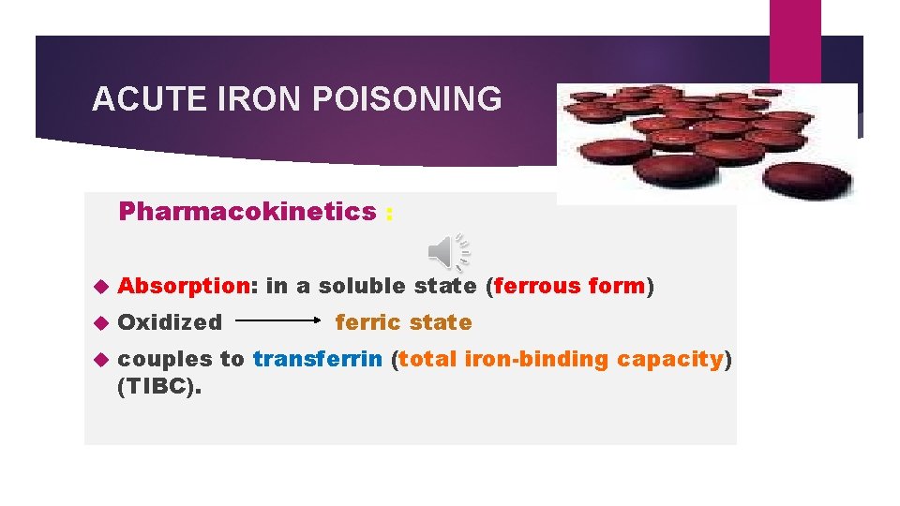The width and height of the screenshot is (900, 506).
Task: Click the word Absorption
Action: tap(187, 286)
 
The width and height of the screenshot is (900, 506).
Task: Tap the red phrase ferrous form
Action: tap(569, 286)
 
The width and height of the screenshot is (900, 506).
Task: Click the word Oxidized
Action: tap(171, 322)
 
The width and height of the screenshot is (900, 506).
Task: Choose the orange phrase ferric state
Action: tap(403, 322)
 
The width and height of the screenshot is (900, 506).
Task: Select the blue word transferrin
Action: tap(317, 359)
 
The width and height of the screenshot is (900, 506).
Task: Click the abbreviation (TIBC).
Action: tap(159, 384)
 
